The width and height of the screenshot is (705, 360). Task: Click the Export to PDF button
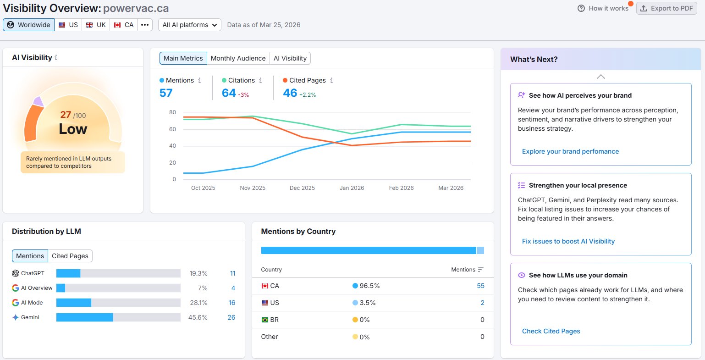pyautogui.click(x=666, y=9)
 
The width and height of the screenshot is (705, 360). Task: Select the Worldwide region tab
pyautogui.click(x=28, y=25)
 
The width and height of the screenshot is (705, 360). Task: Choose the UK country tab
pyautogui.click(x=96, y=25)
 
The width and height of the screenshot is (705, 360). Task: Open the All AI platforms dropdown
pyautogui.click(x=190, y=25)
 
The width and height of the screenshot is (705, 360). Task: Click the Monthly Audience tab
pyautogui.click(x=238, y=58)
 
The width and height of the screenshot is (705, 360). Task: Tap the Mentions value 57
pyautogui.click(x=166, y=93)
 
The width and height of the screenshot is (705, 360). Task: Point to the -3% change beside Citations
pyautogui.click(x=243, y=95)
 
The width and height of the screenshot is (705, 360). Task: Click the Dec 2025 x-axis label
pyautogui.click(x=302, y=188)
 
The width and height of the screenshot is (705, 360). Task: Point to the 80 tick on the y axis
pyautogui.click(x=172, y=112)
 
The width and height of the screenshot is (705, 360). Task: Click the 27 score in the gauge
pyautogui.click(x=66, y=114)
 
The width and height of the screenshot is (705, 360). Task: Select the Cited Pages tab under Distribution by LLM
pyautogui.click(x=70, y=256)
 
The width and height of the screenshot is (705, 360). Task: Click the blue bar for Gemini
pyautogui.click(x=85, y=317)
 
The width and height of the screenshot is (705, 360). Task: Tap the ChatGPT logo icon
pyautogui.click(x=16, y=273)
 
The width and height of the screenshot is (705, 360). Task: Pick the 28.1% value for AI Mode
pyautogui.click(x=198, y=303)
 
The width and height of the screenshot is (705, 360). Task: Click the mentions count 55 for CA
pyautogui.click(x=480, y=286)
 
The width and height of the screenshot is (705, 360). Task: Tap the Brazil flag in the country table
pyautogui.click(x=264, y=320)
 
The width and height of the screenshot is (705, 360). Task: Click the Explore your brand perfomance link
pyautogui.click(x=570, y=151)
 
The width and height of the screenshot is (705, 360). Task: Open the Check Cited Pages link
pyautogui.click(x=551, y=331)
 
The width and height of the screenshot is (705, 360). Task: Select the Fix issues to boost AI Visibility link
pyautogui.click(x=568, y=241)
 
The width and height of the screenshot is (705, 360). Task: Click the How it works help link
pyautogui.click(x=603, y=9)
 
